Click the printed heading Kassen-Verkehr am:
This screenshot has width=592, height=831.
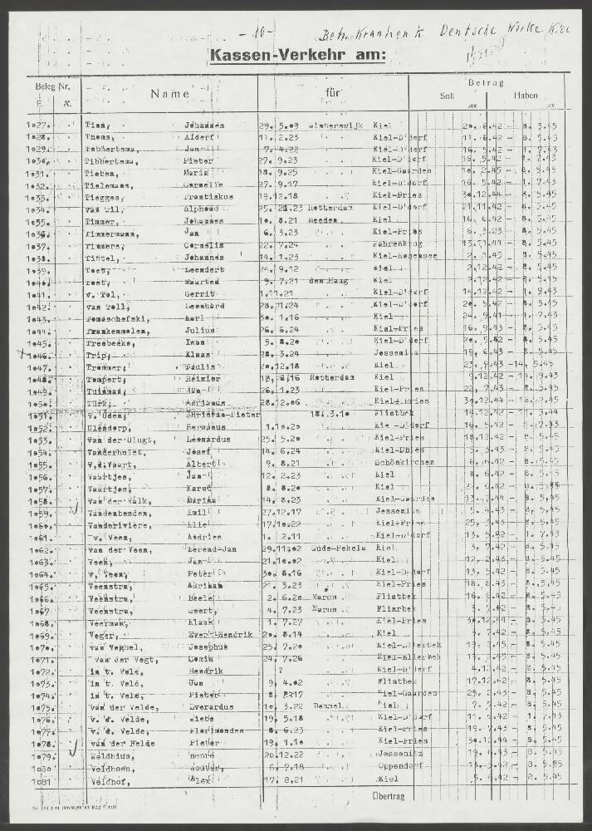tap(298, 56)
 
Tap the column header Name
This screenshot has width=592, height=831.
tap(170, 95)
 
